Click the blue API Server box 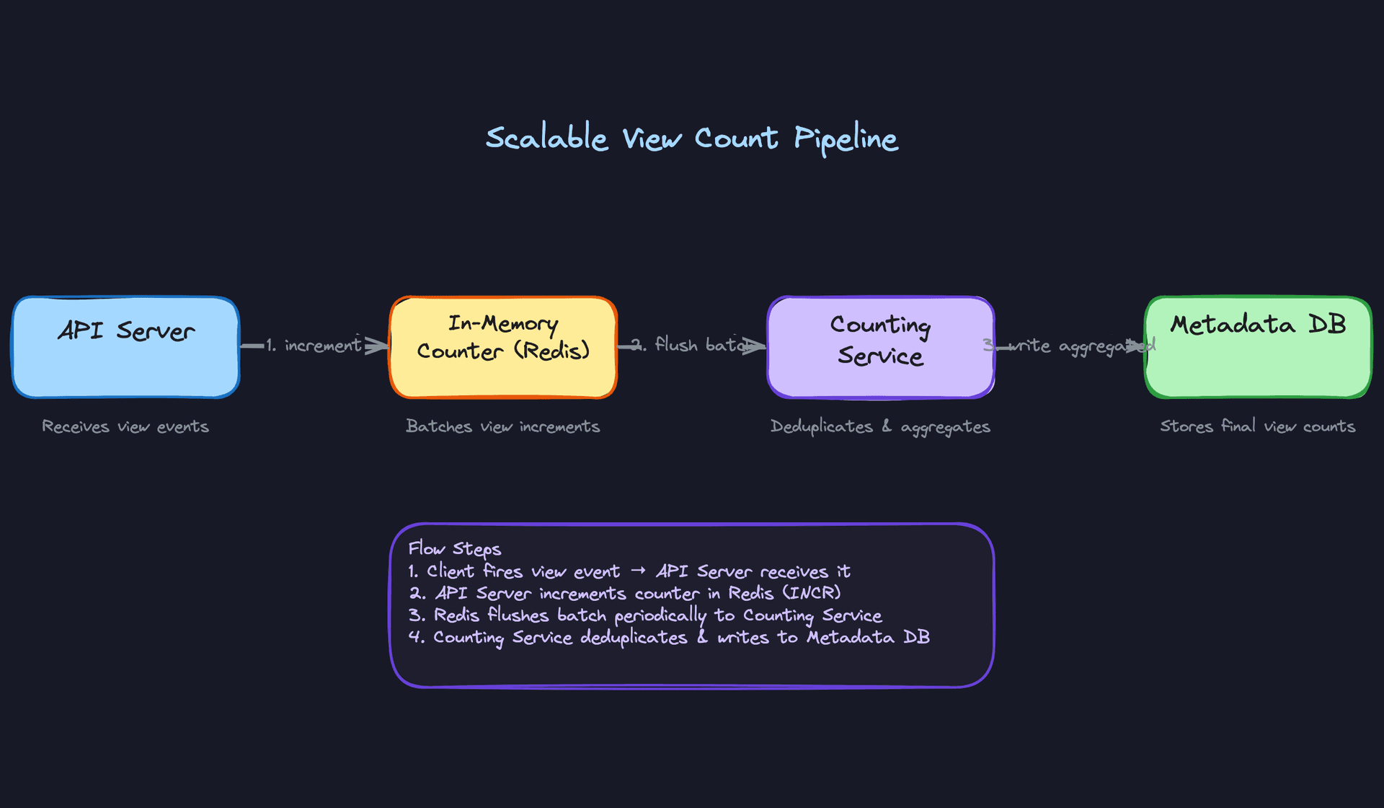125,361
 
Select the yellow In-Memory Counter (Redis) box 503,372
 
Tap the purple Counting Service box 880,375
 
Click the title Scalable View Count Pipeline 692,138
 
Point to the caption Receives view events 125,426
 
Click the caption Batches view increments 503,426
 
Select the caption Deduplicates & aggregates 880,427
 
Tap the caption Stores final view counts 1258,426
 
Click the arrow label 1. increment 314,346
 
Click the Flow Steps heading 454,549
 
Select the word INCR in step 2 812,593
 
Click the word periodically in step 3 660,615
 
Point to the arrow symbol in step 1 638,571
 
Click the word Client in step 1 451,571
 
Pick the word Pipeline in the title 846,139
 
